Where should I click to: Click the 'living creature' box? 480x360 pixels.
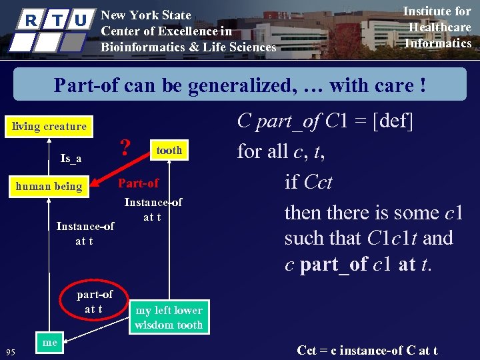(50, 126)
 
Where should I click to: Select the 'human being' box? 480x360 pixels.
(49, 186)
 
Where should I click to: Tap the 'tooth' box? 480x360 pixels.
(169, 150)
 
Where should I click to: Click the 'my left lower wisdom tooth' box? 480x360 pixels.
(169, 317)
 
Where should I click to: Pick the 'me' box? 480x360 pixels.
(49, 343)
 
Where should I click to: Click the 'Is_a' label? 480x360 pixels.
(71, 158)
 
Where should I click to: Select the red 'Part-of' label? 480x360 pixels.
(138, 183)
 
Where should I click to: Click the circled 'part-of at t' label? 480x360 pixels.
(95, 301)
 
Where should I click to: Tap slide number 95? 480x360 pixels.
(11, 352)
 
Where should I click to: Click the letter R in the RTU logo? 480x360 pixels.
(31, 20)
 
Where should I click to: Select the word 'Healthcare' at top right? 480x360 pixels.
(439, 27)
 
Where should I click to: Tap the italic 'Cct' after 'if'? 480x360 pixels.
(318, 182)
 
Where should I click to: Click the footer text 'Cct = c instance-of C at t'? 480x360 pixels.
(367, 350)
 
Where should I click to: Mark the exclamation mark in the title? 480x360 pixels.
(421, 85)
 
